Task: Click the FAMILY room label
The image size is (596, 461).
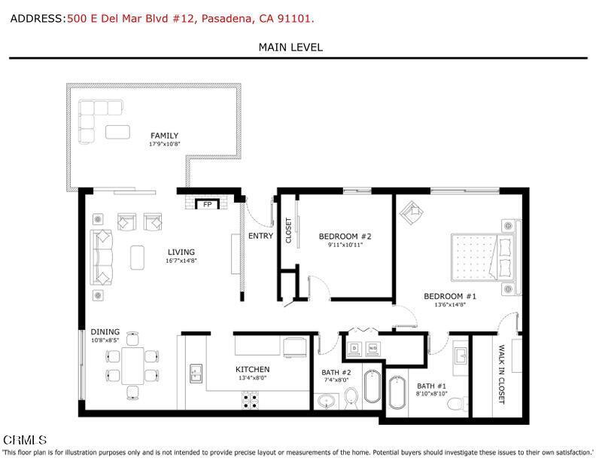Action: click(164, 136)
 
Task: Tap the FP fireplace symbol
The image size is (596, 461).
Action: click(205, 204)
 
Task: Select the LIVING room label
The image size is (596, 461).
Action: click(181, 252)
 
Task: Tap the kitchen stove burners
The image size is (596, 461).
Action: click(251, 400)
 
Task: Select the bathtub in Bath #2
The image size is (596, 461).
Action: click(372, 386)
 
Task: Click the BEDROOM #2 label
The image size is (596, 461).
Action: click(345, 236)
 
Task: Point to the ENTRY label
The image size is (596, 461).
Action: click(260, 236)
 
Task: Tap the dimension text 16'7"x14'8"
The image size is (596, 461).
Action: click(181, 261)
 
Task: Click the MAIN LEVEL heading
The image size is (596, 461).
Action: click(290, 47)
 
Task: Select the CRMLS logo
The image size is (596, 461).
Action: click(25, 439)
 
